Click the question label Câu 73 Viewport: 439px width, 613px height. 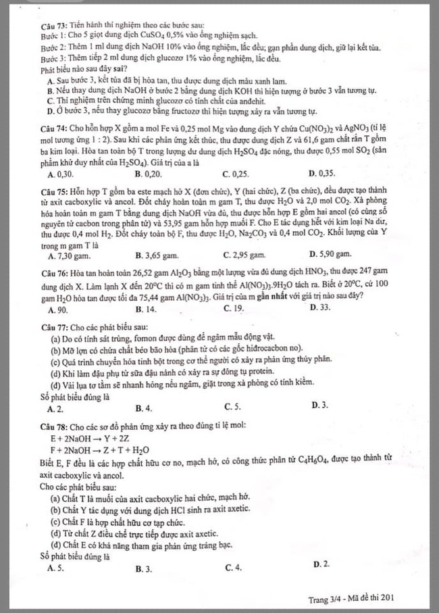[51, 26]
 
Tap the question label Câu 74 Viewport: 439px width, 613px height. [53, 128]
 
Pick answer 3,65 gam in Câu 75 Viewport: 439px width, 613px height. [156, 255]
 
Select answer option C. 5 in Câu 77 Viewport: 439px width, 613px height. [232, 408]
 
